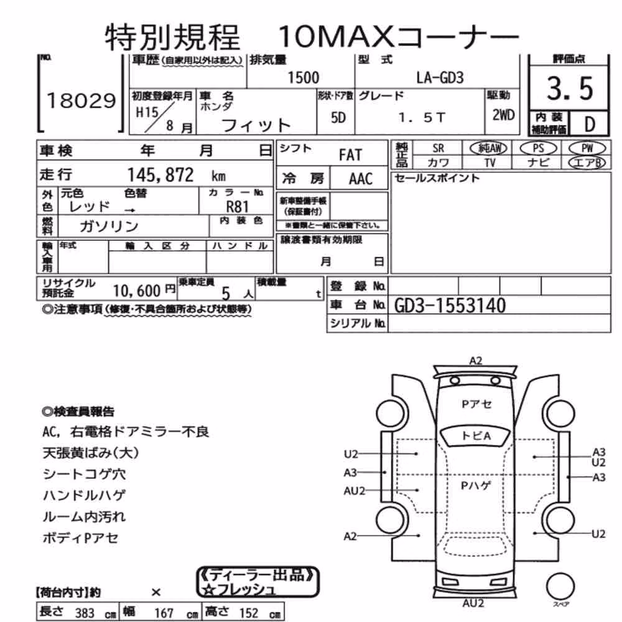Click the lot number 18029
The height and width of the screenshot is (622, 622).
81,101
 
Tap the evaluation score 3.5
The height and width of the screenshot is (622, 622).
570,88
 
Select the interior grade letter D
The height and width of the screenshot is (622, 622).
590,124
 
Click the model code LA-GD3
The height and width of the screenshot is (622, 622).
440,77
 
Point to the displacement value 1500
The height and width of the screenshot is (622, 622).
303,77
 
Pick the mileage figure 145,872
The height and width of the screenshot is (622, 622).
160,175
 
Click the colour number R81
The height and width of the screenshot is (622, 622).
237,207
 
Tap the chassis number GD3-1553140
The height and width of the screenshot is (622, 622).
450,305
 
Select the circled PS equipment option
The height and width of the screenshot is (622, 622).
538,149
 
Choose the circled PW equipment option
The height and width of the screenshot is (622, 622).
587,149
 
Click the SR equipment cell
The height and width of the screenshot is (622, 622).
438,149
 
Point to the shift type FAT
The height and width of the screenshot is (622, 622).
350,155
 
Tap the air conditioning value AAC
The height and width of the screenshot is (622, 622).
361,179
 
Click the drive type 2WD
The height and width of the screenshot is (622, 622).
503,115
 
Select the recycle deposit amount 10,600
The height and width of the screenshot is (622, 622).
136,290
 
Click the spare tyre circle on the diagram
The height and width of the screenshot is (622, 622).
560,587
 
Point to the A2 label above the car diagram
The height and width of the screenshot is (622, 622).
476,361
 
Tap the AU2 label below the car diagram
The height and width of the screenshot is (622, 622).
473,603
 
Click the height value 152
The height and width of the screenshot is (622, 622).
249,613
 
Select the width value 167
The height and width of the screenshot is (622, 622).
164,613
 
